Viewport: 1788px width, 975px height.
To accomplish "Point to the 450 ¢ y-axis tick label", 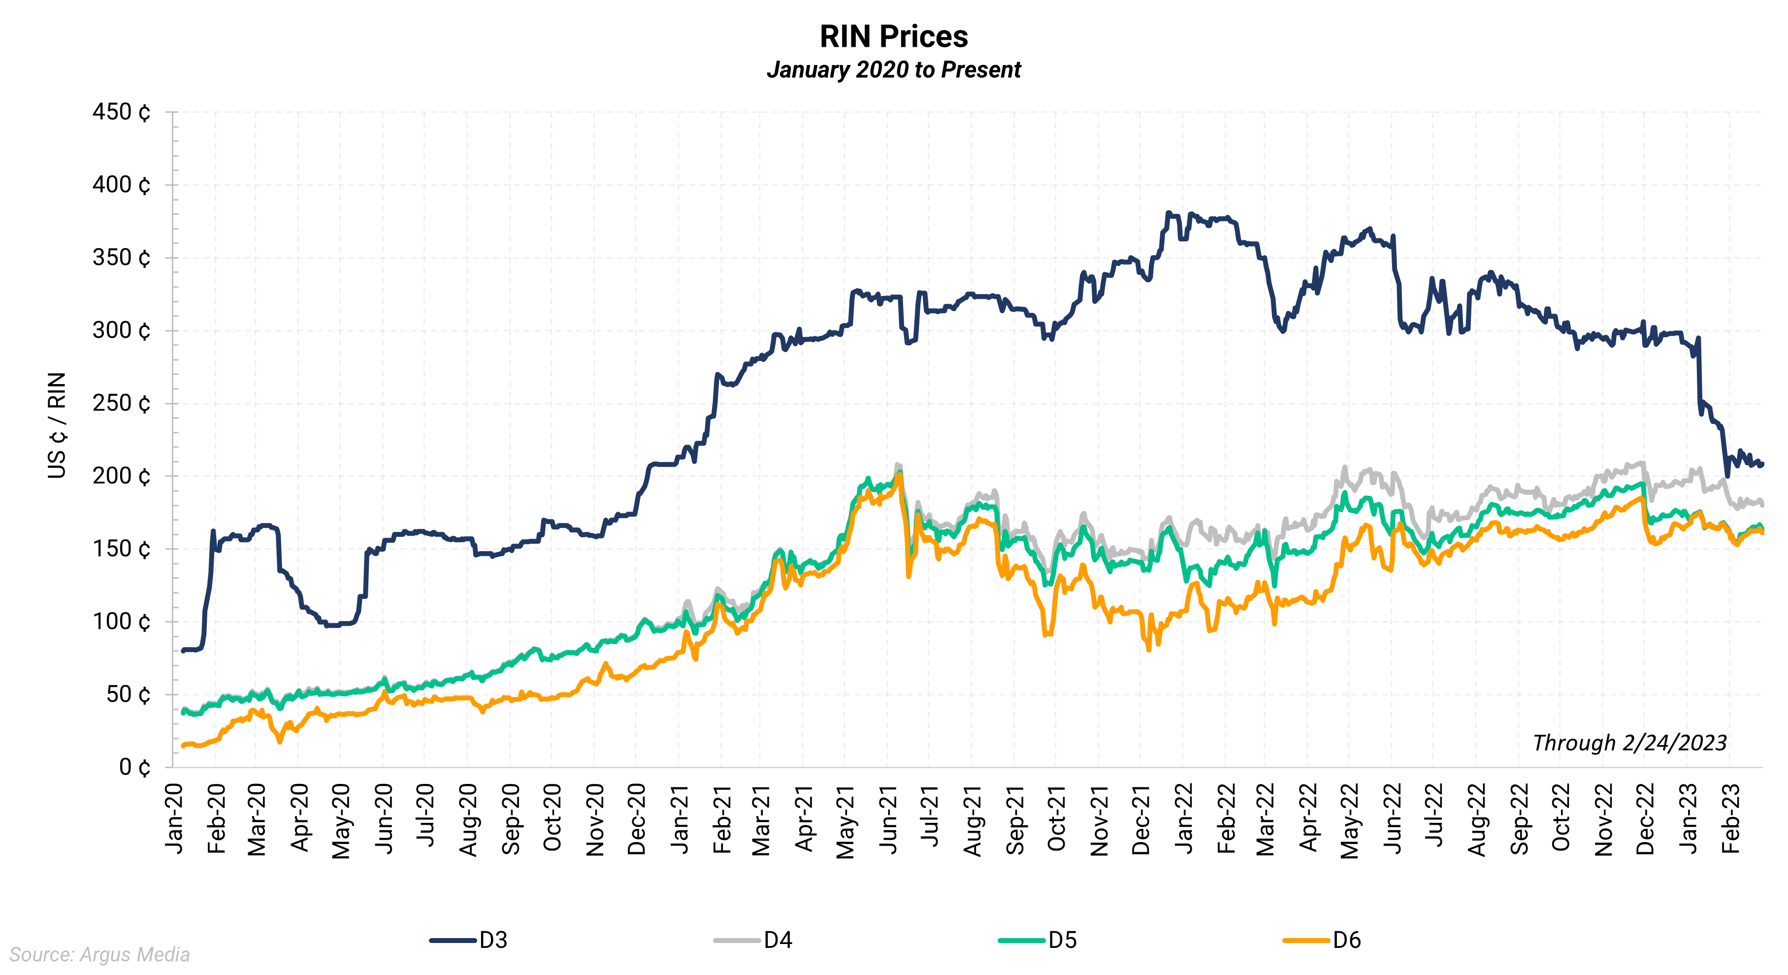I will (x=122, y=112).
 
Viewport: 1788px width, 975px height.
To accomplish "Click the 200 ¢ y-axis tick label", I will (x=122, y=476).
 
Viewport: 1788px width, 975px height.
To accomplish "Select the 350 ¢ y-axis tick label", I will (x=122, y=258).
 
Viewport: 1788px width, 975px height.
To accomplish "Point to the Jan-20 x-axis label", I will (x=174, y=819).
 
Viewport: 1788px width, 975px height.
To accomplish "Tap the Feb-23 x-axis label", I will (x=1730, y=819).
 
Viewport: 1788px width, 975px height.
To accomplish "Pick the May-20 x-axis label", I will (x=341, y=821).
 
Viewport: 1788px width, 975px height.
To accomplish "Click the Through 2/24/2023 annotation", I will (x=1629, y=743).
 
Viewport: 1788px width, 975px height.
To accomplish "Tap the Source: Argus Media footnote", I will (x=99, y=955).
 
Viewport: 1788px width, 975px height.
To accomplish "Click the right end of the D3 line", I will (x=1761, y=463).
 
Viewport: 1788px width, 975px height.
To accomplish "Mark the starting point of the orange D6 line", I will (x=183, y=746).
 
